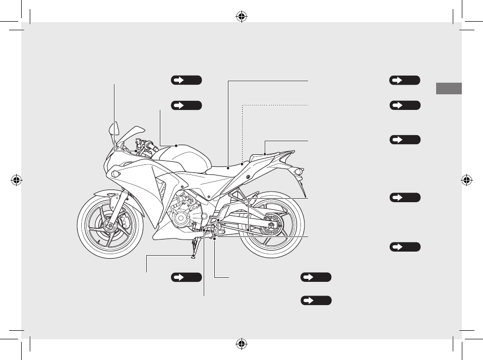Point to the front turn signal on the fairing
pyautogui.click(x=116, y=174)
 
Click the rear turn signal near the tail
pyautogui.click(x=298, y=172)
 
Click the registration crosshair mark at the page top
pyautogui.click(x=241, y=16)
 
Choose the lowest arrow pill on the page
pyautogui.click(x=316, y=301)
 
